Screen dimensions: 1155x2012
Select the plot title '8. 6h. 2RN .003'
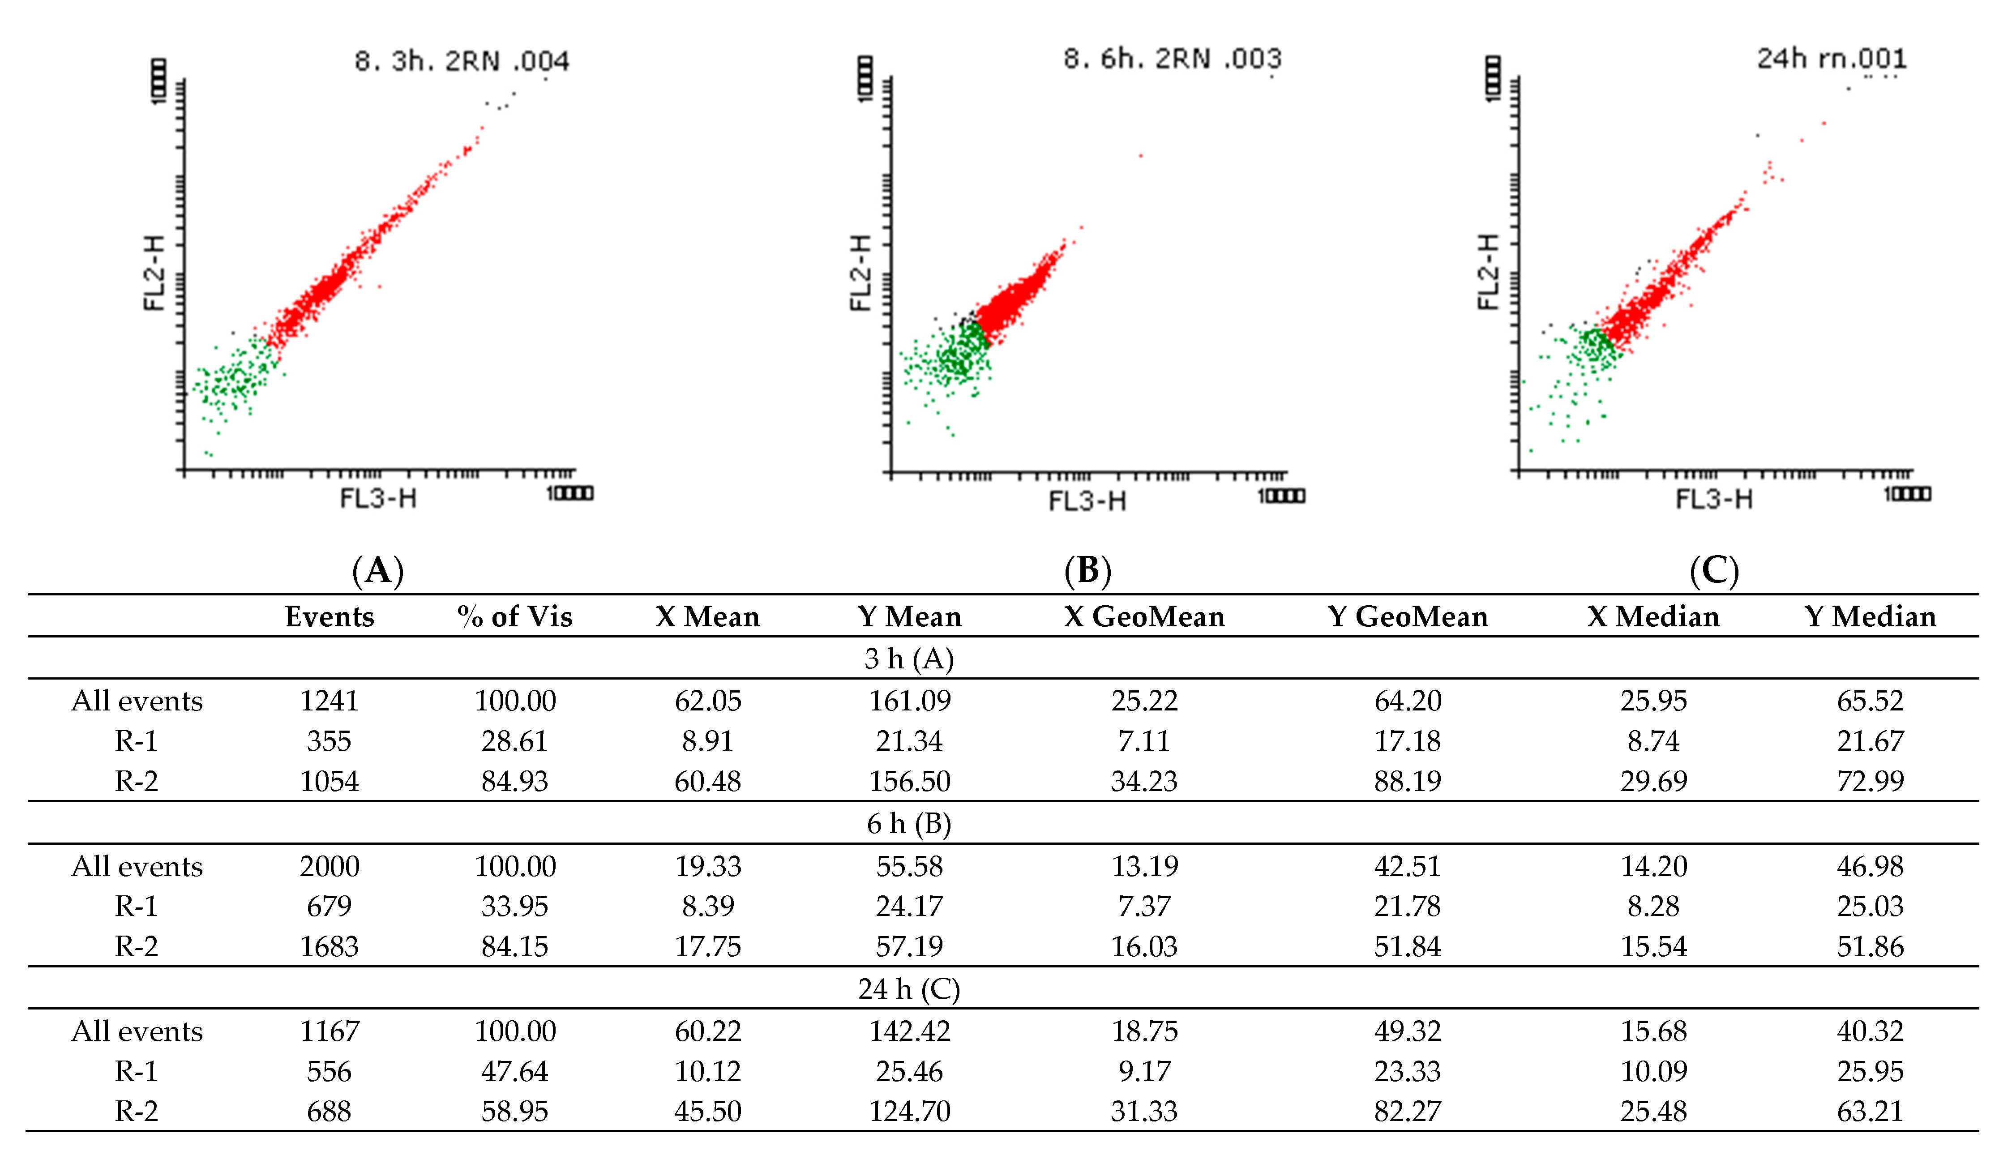[1171, 59]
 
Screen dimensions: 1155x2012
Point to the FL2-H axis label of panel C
[1489, 272]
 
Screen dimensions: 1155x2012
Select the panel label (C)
[1714, 570]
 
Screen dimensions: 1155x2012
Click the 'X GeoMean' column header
[1143, 616]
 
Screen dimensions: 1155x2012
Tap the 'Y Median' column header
[1869, 616]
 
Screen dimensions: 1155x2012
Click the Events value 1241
[329, 701]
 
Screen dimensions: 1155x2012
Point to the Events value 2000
[329, 866]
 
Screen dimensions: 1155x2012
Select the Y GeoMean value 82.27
[1407, 1112]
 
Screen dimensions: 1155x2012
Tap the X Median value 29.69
[1653, 781]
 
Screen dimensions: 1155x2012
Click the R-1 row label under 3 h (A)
[137, 741]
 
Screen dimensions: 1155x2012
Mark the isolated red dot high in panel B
[1140, 155]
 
